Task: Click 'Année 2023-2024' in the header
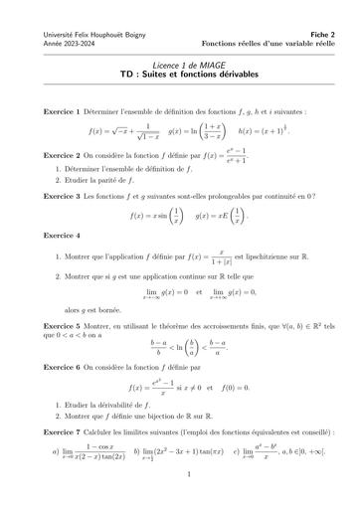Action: point(61,45)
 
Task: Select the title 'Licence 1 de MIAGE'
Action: point(180,63)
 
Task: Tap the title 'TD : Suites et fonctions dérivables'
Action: point(180,75)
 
